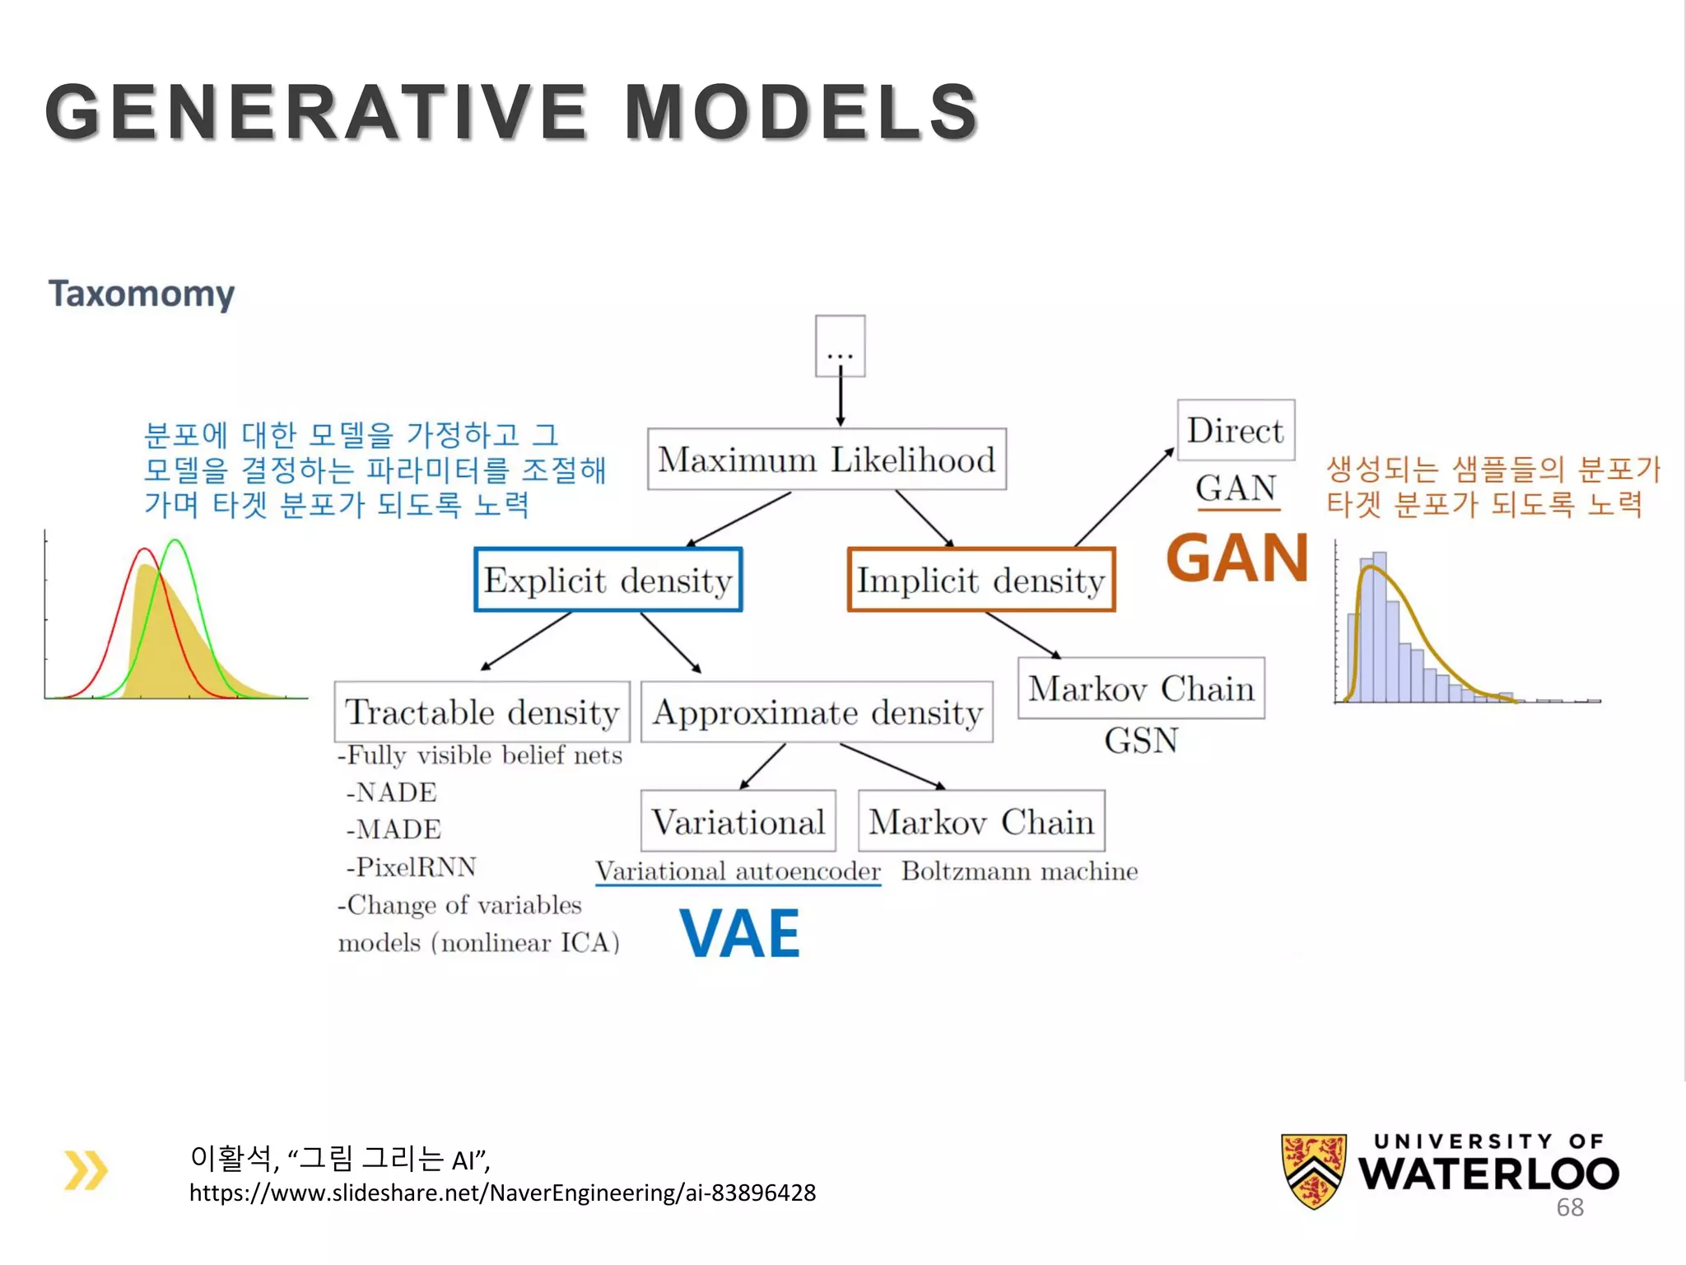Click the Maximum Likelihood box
[x=827, y=460]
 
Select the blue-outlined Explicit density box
[x=608, y=580]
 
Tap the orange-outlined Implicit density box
[x=981, y=580]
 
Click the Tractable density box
[x=482, y=712]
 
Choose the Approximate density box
[x=817, y=712]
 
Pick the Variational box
[x=738, y=821]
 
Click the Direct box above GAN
[x=1236, y=431]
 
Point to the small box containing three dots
[x=840, y=346]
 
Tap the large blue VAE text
[x=739, y=934]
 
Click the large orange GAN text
[x=1237, y=558]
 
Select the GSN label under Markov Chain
[x=1141, y=740]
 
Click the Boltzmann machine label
[x=1019, y=871]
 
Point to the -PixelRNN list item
[x=411, y=867]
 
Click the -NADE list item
[x=392, y=792]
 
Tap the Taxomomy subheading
[x=142, y=294]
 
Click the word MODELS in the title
[x=801, y=112]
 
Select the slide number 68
[x=1569, y=1207]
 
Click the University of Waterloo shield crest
[x=1314, y=1170]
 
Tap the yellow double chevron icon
[x=86, y=1170]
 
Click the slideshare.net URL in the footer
[x=502, y=1193]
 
